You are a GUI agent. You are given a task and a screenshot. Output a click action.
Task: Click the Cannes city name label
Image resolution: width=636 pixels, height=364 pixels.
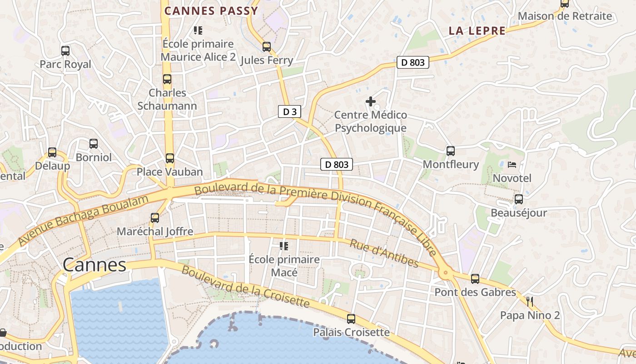(x=94, y=265)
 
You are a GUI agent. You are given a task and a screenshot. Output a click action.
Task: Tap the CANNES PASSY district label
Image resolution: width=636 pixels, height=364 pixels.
(x=211, y=11)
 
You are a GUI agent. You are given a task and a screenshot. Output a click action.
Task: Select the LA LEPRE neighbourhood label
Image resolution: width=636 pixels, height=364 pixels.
(x=477, y=31)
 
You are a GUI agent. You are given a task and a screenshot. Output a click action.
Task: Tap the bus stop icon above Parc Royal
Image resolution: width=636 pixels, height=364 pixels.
(x=65, y=51)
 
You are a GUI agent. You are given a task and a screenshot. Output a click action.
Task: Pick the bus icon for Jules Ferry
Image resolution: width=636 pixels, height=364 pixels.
(x=267, y=46)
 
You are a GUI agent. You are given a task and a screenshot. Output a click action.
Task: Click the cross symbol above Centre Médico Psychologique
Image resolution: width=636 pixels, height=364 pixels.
(x=371, y=101)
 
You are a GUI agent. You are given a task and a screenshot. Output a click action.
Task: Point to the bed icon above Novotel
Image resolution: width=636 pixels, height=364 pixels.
(x=512, y=164)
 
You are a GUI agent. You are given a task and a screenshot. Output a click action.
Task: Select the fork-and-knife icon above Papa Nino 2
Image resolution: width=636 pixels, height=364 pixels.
(x=529, y=301)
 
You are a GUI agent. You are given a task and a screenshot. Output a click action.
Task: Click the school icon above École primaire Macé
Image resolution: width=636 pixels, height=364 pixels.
(x=284, y=246)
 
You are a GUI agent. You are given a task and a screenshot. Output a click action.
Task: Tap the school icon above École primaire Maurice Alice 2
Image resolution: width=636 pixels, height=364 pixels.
(x=198, y=30)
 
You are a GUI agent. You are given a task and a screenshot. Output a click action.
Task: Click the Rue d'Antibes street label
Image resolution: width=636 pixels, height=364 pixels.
(x=384, y=253)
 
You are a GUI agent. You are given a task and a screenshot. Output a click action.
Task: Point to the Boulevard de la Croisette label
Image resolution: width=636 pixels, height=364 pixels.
(x=246, y=286)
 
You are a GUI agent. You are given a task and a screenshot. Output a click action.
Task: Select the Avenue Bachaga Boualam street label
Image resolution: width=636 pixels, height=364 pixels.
(x=84, y=221)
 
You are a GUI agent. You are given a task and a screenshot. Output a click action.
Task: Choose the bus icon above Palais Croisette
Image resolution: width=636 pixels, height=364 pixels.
(x=351, y=318)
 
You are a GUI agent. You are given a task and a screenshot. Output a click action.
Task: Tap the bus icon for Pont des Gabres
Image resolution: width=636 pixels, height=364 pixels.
(x=475, y=278)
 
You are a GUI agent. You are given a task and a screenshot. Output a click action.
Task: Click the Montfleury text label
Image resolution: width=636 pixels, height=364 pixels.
(x=451, y=164)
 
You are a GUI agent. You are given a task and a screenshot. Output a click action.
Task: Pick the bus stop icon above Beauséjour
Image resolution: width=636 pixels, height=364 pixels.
(x=518, y=199)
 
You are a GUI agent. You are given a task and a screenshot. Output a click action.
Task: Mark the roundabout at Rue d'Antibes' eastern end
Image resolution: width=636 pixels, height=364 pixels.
(x=445, y=273)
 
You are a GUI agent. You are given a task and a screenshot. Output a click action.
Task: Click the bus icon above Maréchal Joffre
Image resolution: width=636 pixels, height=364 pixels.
(x=155, y=217)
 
